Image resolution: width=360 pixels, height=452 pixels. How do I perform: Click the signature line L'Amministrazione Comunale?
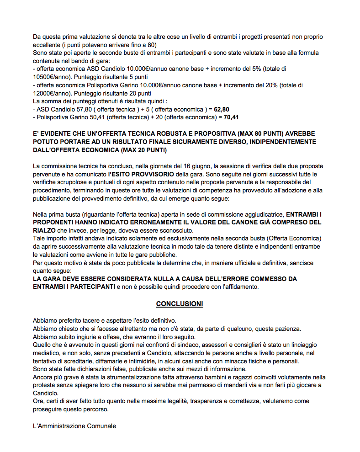tap(74, 426)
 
